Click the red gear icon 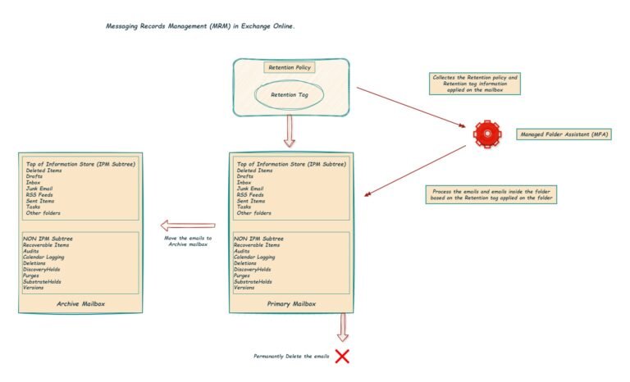coord(487,133)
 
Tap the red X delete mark coord(341,356)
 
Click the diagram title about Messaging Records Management coord(200,26)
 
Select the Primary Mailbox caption coord(291,303)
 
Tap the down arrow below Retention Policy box coord(289,131)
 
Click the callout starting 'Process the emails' coord(491,194)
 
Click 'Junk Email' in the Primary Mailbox coord(249,188)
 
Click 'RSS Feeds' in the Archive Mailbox coord(40,194)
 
